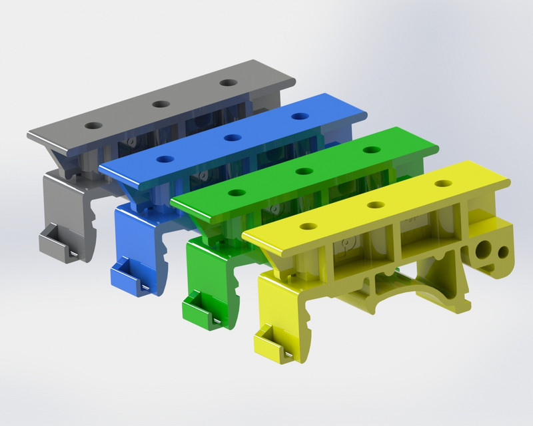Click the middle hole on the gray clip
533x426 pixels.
tap(160, 104)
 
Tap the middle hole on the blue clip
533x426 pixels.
tap(233, 138)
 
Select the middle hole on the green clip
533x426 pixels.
tap(304, 171)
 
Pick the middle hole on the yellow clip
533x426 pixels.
tap(376, 206)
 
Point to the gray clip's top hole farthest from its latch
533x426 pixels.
tap(229, 83)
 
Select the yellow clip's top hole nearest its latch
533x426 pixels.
tap(307, 227)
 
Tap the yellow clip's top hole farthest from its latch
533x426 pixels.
tap(443, 183)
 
